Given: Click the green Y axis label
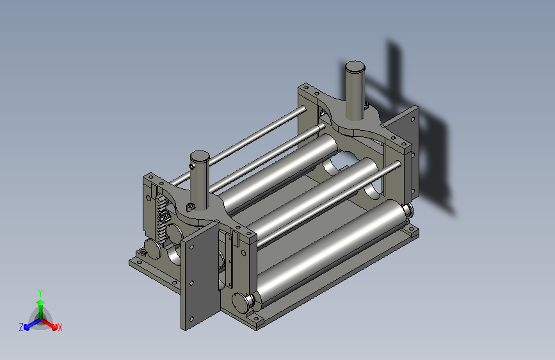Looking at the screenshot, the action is point(40,293).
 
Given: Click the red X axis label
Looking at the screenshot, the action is point(60,327).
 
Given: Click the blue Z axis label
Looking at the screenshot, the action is point(21,327).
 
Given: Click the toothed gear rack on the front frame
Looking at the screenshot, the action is point(162,218).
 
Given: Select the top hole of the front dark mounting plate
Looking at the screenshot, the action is point(192,247).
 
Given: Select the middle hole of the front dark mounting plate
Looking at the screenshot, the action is point(192,283).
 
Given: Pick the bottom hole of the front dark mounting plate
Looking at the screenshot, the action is point(192,319).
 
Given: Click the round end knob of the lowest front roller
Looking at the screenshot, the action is point(240,302).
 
